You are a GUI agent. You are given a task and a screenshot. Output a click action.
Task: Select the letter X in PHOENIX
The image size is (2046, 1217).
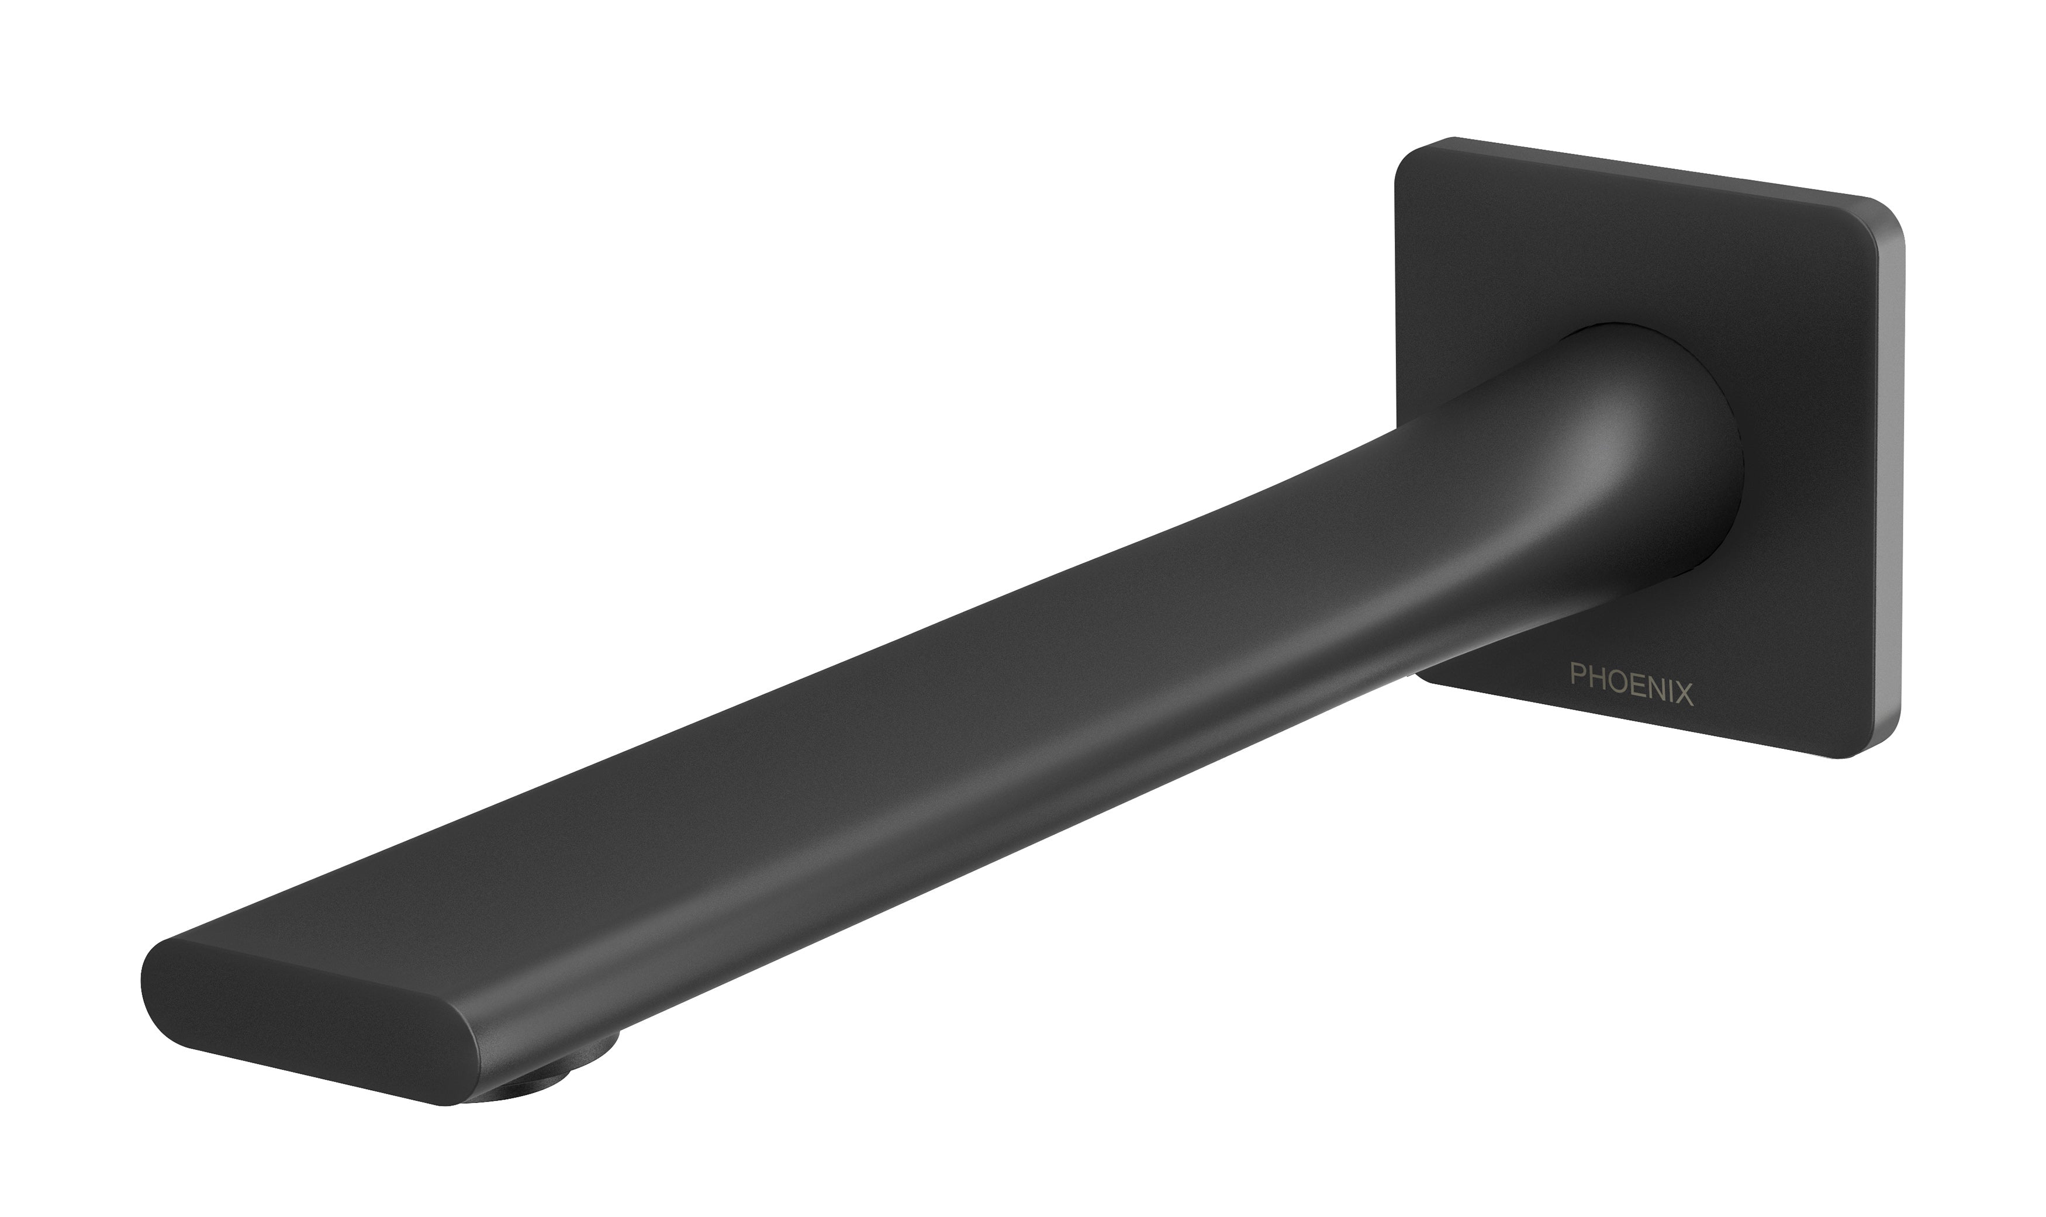coord(1684,696)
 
